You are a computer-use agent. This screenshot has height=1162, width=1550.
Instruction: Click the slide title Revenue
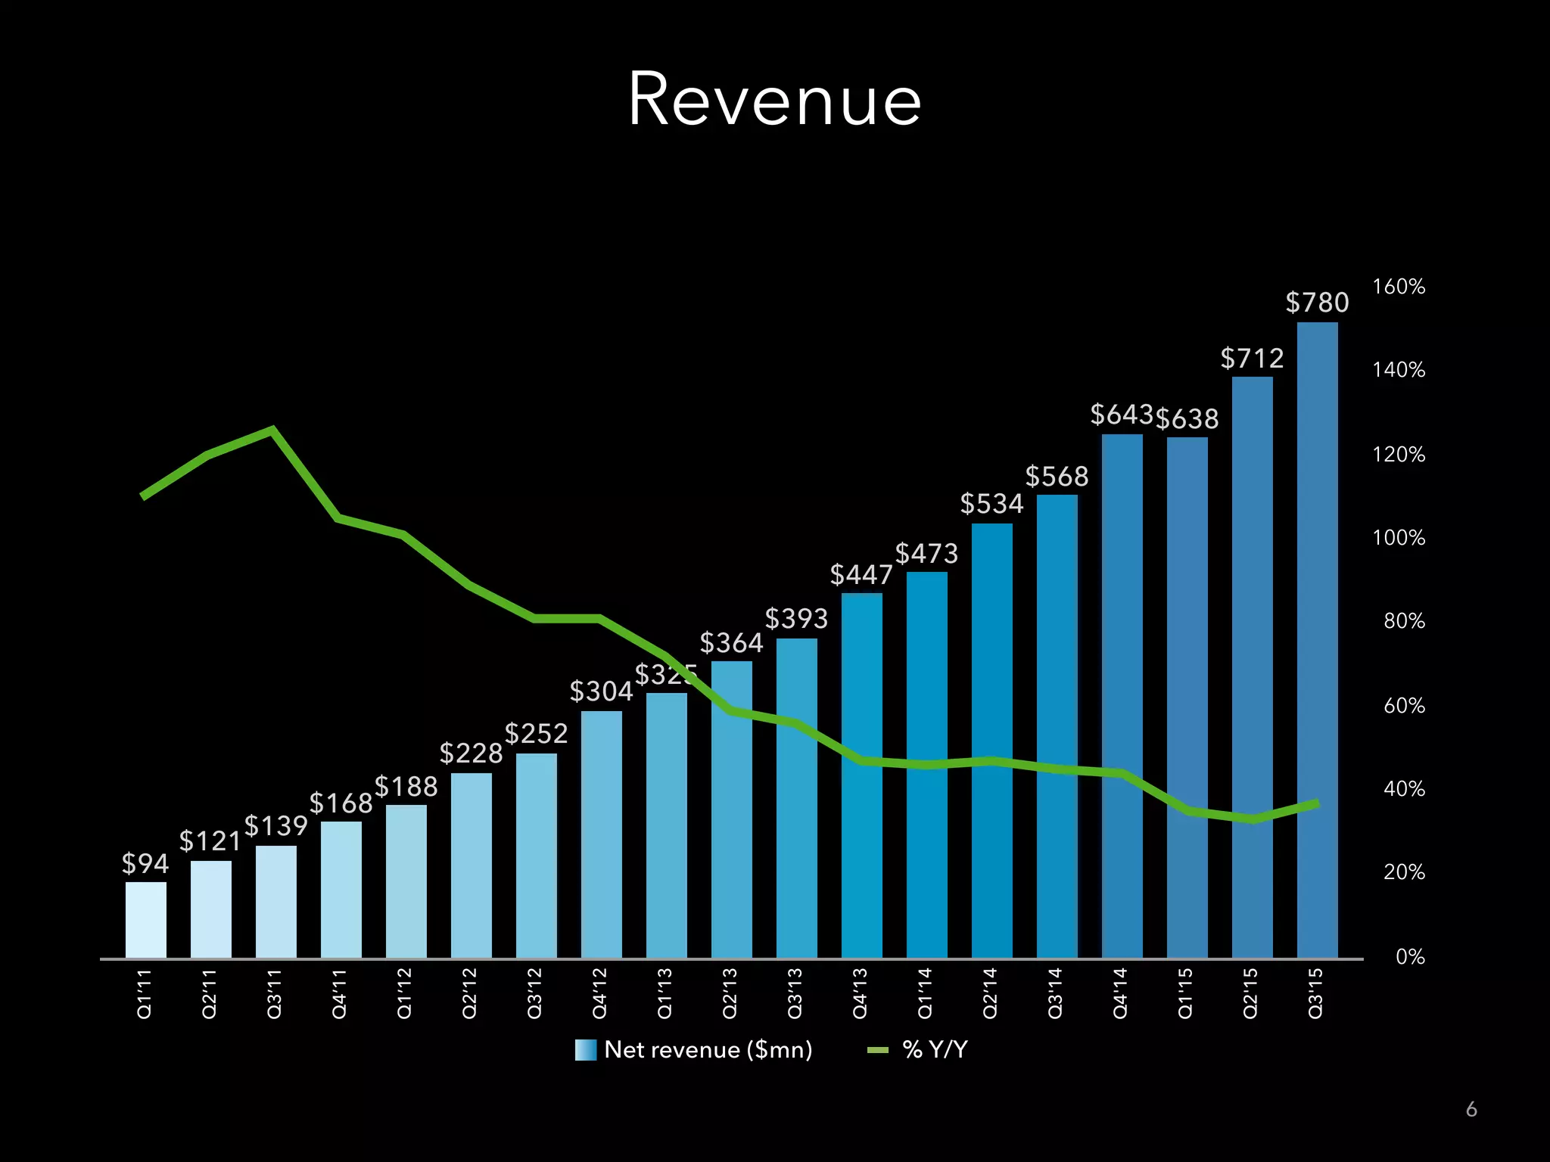pyautogui.click(x=774, y=100)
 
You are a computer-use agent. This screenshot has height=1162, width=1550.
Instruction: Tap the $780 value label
pyautogui.click(x=1317, y=303)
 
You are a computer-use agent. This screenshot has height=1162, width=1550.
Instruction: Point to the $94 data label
pyautogui.click(x=145, y=863)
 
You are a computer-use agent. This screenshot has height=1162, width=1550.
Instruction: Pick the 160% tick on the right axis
pyautogui.click(x=1398, y=287)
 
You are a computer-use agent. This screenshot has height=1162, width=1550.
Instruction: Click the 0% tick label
pyautogui.click(x=1409, y=957)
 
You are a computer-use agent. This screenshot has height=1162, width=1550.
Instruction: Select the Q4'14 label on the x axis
pyautogui.click(x=1121, y=993)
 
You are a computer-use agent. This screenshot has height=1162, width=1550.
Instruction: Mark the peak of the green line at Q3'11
pyautogui.click(x=272, y=430)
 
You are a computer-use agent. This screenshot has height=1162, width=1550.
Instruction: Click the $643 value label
pyautogui.click(x=1121, y=415)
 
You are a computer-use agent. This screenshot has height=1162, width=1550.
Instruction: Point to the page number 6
pyautogui.click(x=1471, y=1109)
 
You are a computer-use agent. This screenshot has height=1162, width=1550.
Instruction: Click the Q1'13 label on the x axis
pyautogui.click(x=665, y=993)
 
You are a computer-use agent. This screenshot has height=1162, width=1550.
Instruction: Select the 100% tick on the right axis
pyautogui.click(x=1398, y=538)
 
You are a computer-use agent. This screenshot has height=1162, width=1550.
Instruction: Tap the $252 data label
pyautogui.click(x=536, y=734)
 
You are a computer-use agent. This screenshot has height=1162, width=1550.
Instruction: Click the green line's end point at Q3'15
pyautogui.click(x=1317, y=804)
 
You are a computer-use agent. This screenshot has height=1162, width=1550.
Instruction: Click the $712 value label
pyautogui.click(x=1252, y=358)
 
